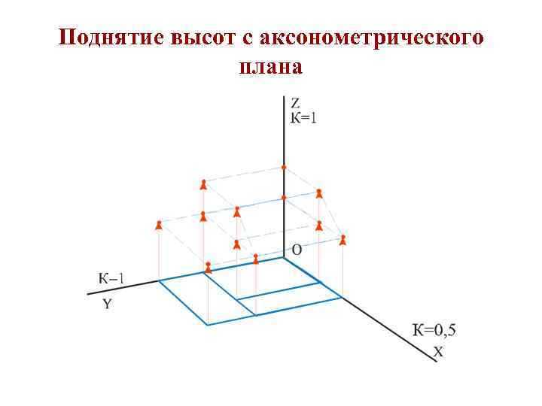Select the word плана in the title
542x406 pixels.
270,67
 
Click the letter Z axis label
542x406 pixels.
295,103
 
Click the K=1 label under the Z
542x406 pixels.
304,117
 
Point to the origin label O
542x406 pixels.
296,250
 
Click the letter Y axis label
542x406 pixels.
107,304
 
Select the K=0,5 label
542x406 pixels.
434,329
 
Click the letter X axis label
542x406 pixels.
437,351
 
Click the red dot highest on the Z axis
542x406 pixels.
284,167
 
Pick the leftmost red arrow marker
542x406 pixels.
159,224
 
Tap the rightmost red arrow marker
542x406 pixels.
343,240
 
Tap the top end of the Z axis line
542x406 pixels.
284,96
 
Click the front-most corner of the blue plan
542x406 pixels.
207,325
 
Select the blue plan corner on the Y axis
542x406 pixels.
159,281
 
